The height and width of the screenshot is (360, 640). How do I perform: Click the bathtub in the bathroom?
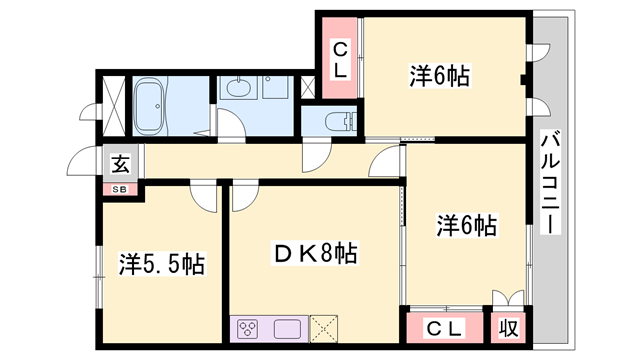[x=150, y=107]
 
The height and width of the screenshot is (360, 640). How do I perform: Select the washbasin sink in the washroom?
[x=240, y=87]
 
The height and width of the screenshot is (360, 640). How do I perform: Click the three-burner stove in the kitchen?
[x=249, y=328]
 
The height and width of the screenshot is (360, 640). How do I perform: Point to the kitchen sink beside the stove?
[x=287, y=329]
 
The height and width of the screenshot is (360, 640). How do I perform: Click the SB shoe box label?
[x=120, y=189]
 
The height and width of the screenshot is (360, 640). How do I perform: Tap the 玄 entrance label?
[x=120, y=164]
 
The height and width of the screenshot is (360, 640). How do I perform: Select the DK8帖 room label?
[x=315, y=253]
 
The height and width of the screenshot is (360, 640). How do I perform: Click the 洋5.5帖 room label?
[x=162, y=264]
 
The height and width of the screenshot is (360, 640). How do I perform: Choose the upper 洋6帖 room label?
[x=440, y=76]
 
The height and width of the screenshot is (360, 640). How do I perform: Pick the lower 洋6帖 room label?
[x=467, y=225]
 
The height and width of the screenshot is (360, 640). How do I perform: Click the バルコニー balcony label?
[x=550, y=182]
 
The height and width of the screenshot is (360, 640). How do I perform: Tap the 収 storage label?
[x=509, y=328]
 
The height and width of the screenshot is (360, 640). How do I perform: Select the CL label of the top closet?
[x=340, y=61]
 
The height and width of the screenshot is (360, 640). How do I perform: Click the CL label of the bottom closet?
[x=445, y=328]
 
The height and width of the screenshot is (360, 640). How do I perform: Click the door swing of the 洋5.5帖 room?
[x=204, y=198]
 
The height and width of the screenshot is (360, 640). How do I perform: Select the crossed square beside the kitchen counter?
[x=324, y=329]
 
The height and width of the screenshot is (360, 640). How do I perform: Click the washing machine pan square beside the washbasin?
[x=276, y=87]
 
